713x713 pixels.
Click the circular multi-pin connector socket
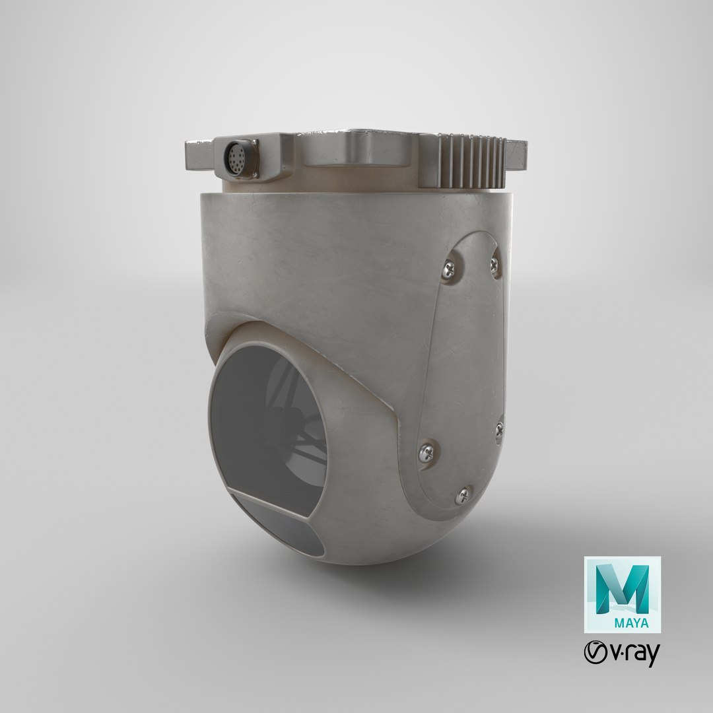click(236, 158)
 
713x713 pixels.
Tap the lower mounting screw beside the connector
click(255, 174)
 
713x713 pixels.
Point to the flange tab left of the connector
click(199, 155)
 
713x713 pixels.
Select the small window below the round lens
click(277, 524)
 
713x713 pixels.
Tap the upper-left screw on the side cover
click(448, 270)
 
